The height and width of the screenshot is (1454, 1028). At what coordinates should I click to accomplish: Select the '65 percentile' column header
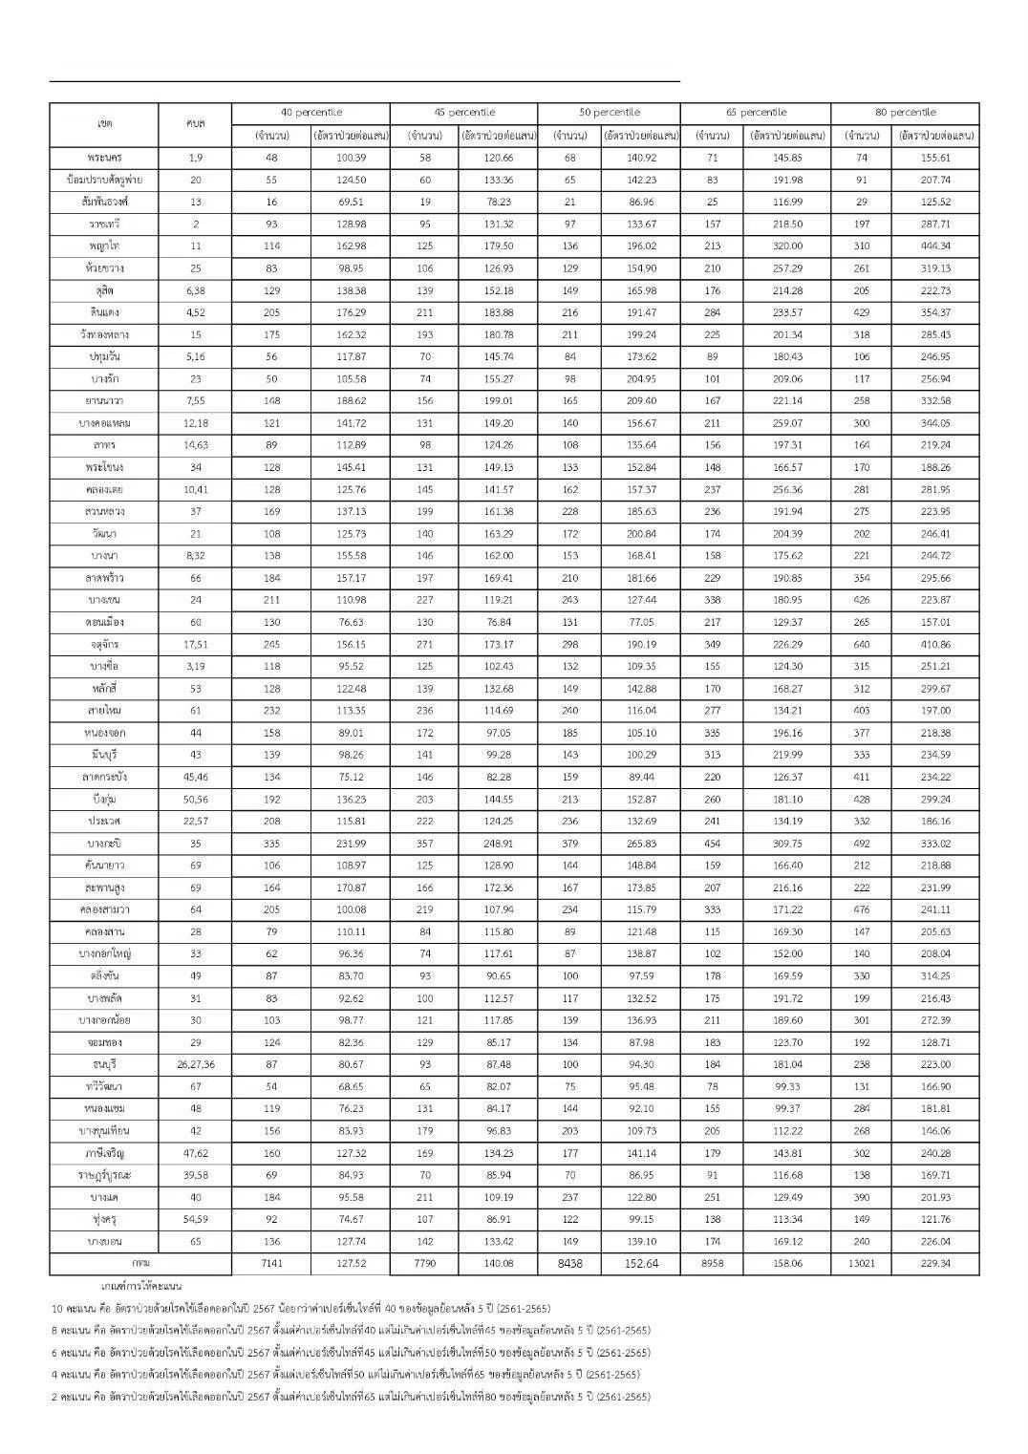pyautogui.click(x=755, y=113)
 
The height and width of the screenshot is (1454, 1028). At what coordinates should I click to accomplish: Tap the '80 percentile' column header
pyautogui.click(x=905, y=113)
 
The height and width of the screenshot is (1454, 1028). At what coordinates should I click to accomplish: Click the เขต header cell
pyautogui.click(x=104, y=124)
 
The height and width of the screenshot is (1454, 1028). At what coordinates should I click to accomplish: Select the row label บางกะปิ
pyautogui.click(x=104, y=844)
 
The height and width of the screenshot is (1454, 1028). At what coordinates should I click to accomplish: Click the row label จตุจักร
pyautogui.click(x=104, y=644)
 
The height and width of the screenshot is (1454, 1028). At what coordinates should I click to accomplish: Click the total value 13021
pyautogui.click(x=861, y=1263)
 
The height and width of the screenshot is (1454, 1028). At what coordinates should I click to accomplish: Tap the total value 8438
pyautogui.click(x=568, y=1263)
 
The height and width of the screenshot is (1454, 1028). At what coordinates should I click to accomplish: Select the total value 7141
pyautogui.click(x=272, y=1263)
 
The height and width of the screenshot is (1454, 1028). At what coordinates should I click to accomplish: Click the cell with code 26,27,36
pyautogui.click(x=196, y=1064)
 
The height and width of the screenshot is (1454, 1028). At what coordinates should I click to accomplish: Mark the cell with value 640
pyautogui.click(x=861, y=644)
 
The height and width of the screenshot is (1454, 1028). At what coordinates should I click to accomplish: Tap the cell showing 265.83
pyautogui.click(x=640, y=844)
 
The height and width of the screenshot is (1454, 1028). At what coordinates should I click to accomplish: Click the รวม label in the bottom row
pyautogui.click(x=140, y=1263)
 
